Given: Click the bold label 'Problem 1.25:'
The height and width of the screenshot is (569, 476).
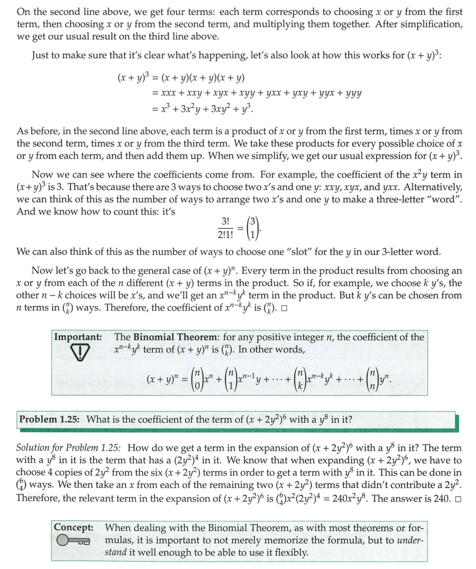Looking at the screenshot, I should [x=51, y=419].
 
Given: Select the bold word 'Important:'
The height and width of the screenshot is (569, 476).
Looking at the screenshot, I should [x=78, y=337].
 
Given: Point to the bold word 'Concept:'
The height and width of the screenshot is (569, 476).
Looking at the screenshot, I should [x=74, y=527].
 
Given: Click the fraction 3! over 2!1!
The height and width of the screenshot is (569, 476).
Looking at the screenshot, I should [x=226, y=228].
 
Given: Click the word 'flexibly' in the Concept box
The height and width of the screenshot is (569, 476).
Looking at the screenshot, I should [x=291, y=552].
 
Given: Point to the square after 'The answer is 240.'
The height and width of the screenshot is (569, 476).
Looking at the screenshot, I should [x=458, y=498].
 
